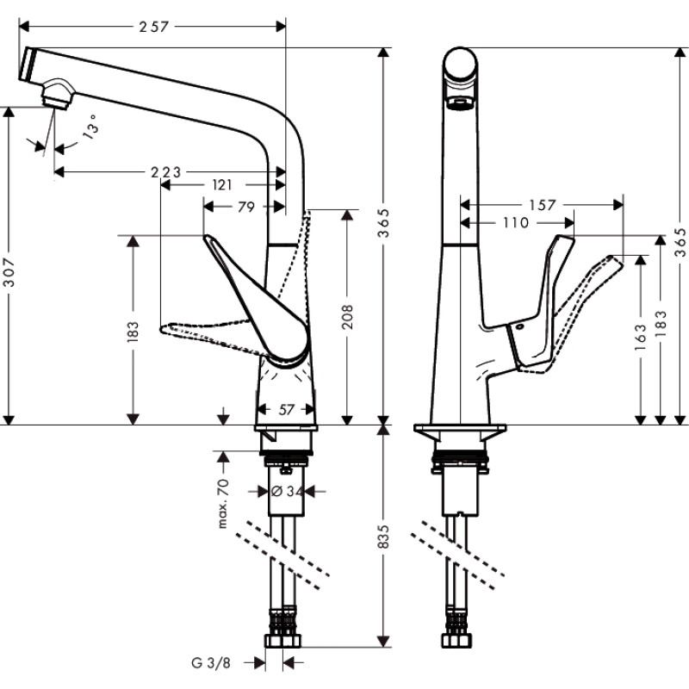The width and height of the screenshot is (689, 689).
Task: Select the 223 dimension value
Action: click(166, 172)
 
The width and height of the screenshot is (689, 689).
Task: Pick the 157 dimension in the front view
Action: click(542, 205)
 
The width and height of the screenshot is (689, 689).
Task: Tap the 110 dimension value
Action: click(514, 222)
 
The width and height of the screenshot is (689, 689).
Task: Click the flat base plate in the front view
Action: click(457, 429)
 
